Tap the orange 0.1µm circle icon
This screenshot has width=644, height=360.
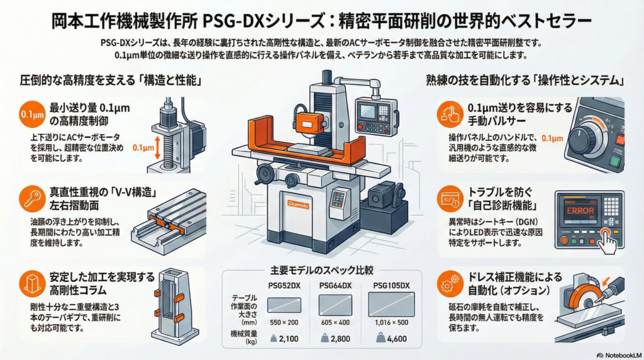(x=32, y=115)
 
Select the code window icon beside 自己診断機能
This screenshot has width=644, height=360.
(x=450, y=200)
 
